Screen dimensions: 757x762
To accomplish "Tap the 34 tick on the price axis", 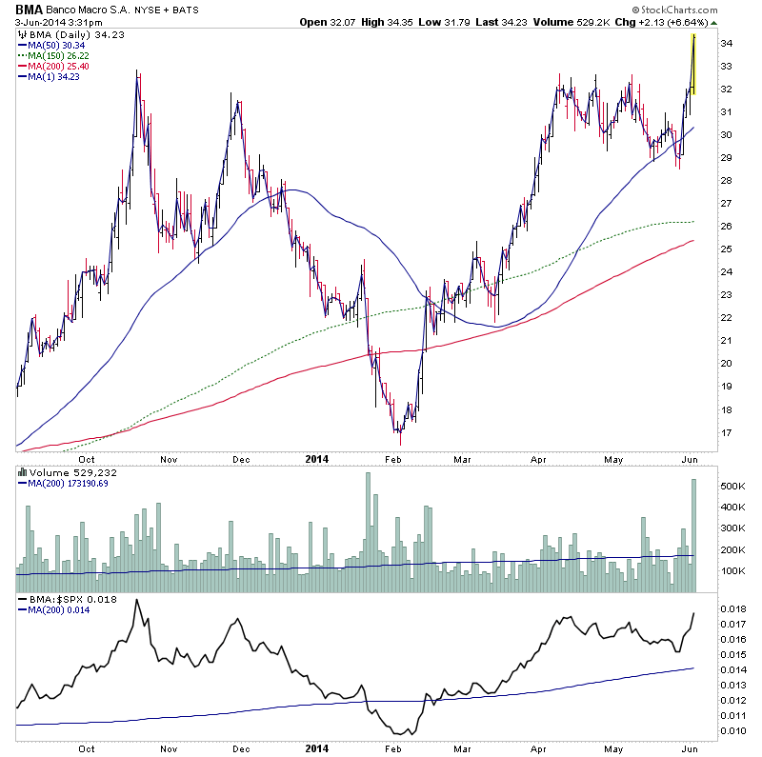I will [726, 44].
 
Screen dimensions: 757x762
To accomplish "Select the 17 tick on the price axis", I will [726, 433].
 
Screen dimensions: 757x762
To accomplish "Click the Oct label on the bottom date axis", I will [87, 747].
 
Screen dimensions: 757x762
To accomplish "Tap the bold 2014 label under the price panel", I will [318, 747].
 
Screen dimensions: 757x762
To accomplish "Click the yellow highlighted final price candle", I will [693, 64].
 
